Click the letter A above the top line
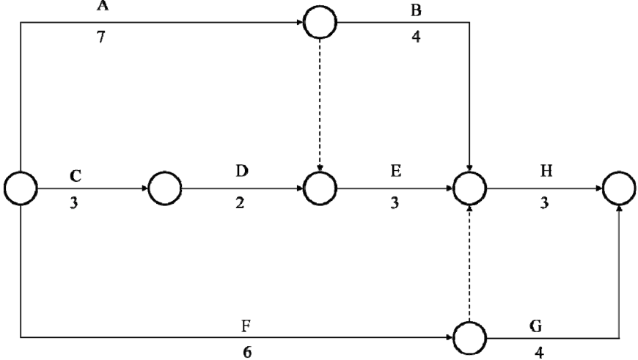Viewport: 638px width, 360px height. (103, 5)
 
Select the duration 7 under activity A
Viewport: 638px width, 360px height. (101, 37)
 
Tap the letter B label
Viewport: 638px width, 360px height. (416, 10)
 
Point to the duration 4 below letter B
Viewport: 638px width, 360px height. (416, 37)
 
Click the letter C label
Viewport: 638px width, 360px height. (76, 176)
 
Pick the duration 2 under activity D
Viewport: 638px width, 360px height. (240, 202)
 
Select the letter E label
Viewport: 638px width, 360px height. (395, 172)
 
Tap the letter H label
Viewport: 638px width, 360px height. (546, 172)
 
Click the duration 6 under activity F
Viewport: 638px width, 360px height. (247, 352)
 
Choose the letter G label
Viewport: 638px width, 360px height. (536, 326)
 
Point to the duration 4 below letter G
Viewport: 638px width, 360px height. (539, 353)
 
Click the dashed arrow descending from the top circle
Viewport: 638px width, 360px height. (320, 105)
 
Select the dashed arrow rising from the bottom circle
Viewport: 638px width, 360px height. (469, 263)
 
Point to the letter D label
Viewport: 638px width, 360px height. (242, 172)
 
